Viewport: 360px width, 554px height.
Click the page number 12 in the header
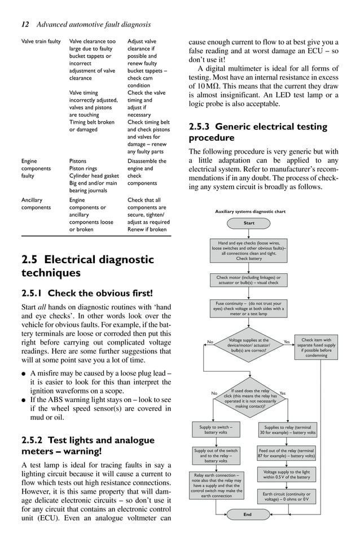(x=25, y=24)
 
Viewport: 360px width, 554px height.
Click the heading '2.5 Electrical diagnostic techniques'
(x=87, y=266)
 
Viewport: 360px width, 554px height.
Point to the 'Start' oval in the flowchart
(x=249, y=223)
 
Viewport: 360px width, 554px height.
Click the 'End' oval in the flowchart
(x=247, y=514)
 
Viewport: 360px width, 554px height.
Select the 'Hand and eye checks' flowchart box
(x=249, y=251)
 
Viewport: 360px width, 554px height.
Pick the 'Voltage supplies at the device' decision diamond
(x=249, y=345)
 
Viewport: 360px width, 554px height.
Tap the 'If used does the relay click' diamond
(x=249, y=398)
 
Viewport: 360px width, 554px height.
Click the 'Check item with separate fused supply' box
(x=317, y=347)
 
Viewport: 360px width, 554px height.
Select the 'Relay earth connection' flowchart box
(x=218, y=485)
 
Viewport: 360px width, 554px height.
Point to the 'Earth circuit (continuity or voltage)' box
(x=287, y=496)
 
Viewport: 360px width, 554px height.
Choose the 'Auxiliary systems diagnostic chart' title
(x=251, y=212)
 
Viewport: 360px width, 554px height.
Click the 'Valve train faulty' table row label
(x=41, y=41)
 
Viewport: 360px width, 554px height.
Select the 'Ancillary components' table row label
(x=35, y=203)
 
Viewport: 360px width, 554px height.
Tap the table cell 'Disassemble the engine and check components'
(x=147, y=172)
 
